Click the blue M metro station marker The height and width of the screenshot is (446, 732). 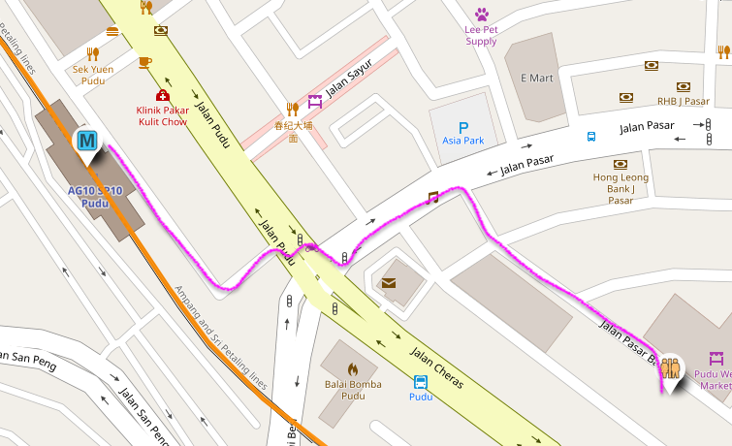[x=87, y=142]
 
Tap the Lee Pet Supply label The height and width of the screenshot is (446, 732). [x=481, y=35]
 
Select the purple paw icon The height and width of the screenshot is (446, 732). [x=482, y=14]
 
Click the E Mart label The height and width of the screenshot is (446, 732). [x=534, y=79]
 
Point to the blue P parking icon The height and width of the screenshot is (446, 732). [x=462, y=126]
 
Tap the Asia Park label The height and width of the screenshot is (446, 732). [x=462, y=141]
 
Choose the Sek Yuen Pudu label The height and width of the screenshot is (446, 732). [x=93, y=76]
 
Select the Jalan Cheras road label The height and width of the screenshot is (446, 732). [x=436, y=367]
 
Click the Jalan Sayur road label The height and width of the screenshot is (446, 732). [x=349, y=86]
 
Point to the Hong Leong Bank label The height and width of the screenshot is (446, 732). [x=621, y=183]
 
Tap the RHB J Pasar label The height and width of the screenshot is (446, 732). [x=683, y=101]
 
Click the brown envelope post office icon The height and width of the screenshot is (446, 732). [x=389, y=283]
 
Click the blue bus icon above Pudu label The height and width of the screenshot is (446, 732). [x=421, y=382]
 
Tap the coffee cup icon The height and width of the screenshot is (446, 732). [x=144, y=62]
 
